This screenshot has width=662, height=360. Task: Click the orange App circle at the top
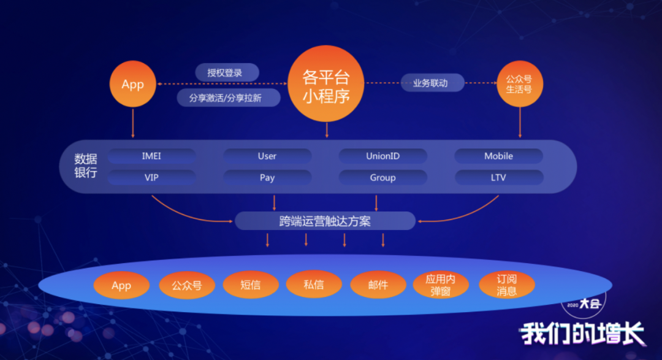132,85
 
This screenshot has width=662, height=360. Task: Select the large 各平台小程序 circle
326,84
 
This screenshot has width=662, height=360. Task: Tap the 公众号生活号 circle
520,84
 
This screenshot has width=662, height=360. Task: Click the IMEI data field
151,156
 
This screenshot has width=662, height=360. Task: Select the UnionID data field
382,156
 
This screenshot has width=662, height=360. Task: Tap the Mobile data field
498,156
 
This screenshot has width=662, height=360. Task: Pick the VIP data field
151,178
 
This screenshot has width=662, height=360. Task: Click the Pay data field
267,178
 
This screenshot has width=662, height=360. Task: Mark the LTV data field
498,178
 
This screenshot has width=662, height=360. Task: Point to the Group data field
382,178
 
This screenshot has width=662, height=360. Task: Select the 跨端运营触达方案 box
325,221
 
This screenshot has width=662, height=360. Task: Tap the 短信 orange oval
251,285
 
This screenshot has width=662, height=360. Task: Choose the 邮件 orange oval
378,285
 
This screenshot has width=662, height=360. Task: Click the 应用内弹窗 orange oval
441,285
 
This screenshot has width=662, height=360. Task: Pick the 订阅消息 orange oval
506,285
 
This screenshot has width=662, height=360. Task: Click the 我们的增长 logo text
582,334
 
